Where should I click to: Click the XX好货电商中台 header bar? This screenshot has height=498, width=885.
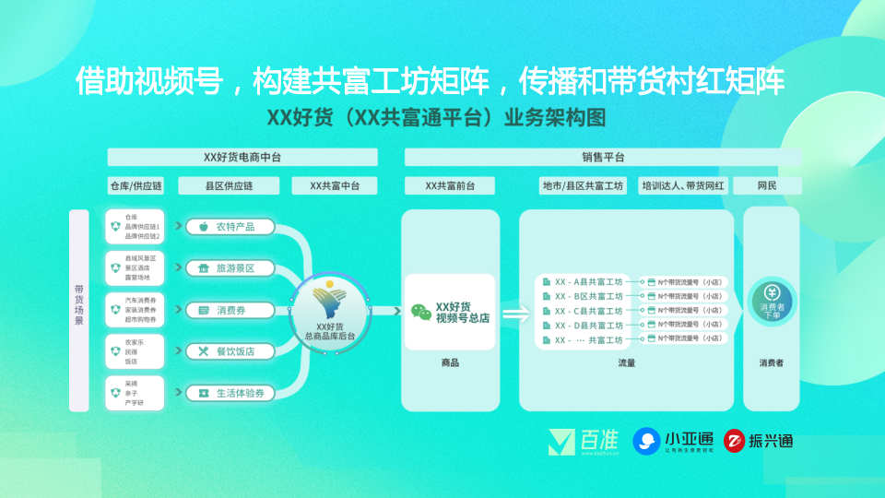242,157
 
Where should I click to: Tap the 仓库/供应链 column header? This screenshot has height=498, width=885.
136,186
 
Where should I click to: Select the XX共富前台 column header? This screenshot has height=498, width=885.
450,186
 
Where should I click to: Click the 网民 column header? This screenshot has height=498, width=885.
767,186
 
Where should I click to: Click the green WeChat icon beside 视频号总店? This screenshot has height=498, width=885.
421,312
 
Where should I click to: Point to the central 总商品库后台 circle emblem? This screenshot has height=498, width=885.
328,310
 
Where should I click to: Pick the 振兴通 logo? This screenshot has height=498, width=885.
758,441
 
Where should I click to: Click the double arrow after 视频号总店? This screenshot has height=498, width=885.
516,314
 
